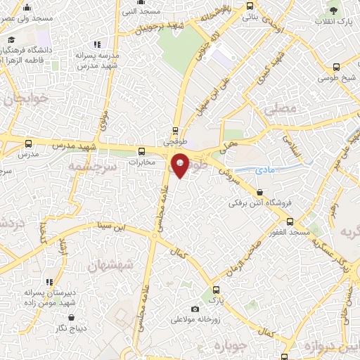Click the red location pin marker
click(180, 165)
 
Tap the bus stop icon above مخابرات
click(143, 150)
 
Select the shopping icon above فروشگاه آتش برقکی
click(261, 192)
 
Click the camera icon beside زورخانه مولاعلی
click(195, 309)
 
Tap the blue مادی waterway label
click(267, 170)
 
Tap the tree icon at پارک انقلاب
click(334, 12)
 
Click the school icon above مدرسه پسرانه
click(97, 45)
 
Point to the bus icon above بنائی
click(250, 6)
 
